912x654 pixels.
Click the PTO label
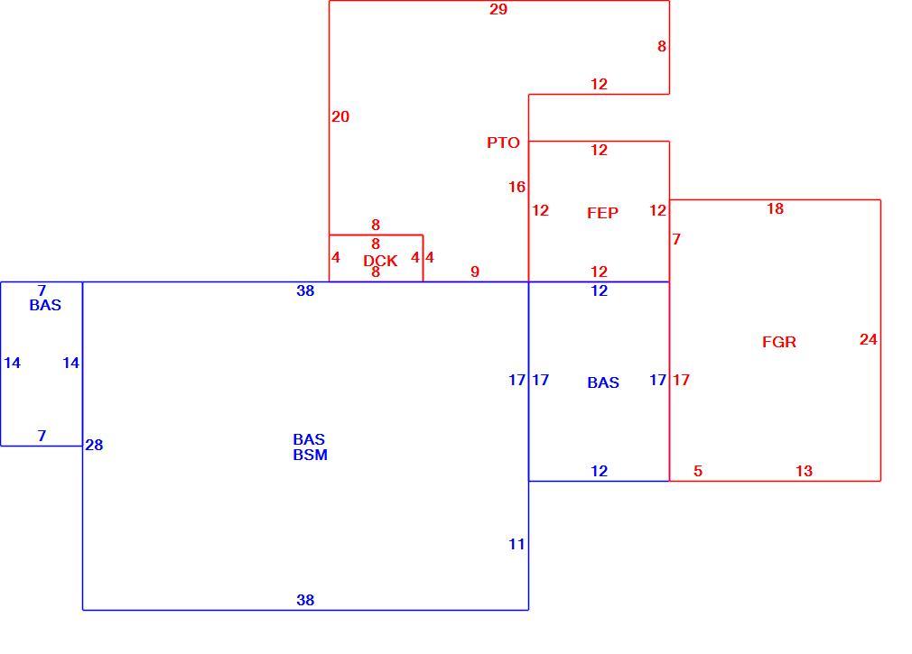point(503,143)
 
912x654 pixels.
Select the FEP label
point(602,213)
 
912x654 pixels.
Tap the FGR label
point(779,342)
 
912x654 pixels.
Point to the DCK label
point(380,261)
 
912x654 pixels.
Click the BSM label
point(310,455)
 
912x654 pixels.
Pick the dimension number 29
point(498,9)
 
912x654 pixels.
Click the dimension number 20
point(340,116)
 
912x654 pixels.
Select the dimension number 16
point(516,187)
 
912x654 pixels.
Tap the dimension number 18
point(775,208)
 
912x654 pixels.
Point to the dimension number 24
point(868,339)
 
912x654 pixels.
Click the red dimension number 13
point(804,471)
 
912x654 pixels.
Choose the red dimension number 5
point(698,471)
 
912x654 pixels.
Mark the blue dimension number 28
point(94,445)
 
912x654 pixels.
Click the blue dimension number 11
point(516,544)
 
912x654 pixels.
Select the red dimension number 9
point(475,272)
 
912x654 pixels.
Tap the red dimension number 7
point(675,239)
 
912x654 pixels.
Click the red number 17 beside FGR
point(681,380)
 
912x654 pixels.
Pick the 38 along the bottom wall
point(305,600)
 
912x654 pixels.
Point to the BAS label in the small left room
point(45,305)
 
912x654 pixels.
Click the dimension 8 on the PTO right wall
point(662,47)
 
